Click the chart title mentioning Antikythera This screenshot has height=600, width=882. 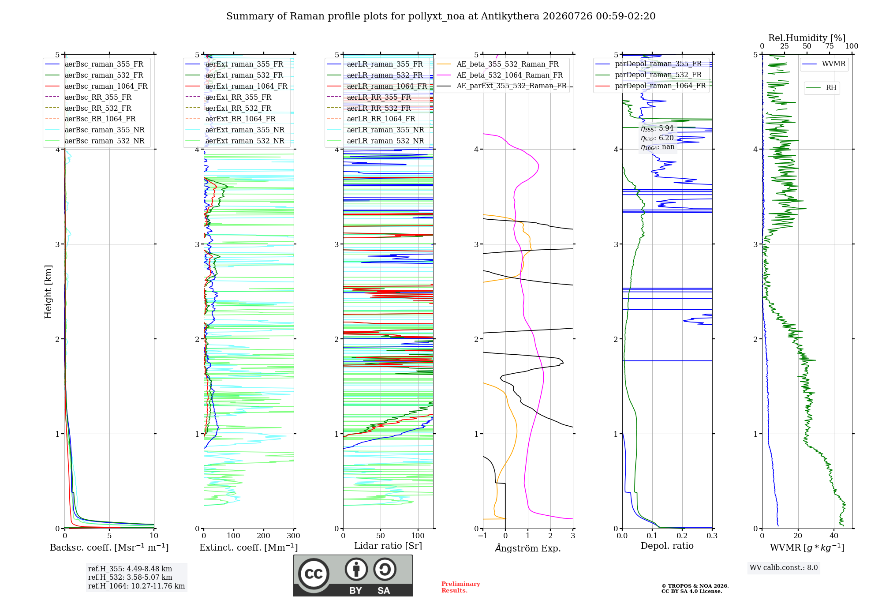click(x=441, y=16)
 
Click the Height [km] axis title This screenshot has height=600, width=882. click(x=48, y=292)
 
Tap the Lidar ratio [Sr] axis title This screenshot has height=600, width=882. click(x=388, y=546)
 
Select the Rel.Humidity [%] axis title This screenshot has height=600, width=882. click(x=807, y=38)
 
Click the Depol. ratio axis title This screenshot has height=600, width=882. click(x=667, y=546)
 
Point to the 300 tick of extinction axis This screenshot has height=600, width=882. click(x=293, y=536)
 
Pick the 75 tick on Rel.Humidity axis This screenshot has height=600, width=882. click(x=829, y=46)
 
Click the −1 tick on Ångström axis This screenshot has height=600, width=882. click(x=482, y=536)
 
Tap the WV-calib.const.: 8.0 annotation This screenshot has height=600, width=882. click(x=784, y=568)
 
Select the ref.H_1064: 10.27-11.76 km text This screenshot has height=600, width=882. click(x=136, y=586)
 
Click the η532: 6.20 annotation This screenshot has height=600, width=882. click(x=657, y=138)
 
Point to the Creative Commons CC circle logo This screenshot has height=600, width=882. click(x=314, y=574)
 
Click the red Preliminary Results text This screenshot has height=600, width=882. click(x=460, y=587)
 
